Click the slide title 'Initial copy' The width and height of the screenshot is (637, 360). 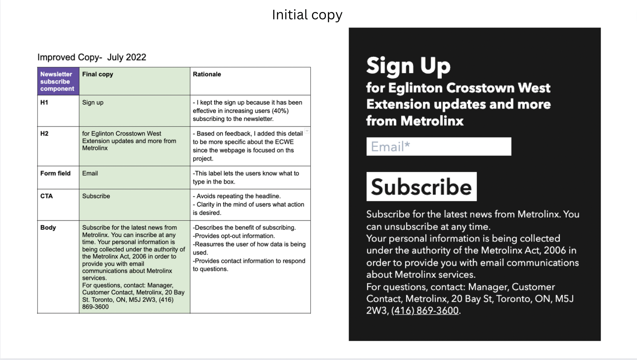pyautogui.click(x=307, y=15)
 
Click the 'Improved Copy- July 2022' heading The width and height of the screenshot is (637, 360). pyautogui.click(x=92, y=57)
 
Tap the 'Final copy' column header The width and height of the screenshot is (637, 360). pyautogui.click(x=98, y=74)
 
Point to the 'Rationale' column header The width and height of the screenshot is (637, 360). pyautogui.click(x=207, y=74)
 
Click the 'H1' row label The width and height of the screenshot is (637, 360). pyautogui.click(x=44, y=102)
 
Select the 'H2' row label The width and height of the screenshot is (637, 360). pyautogui.click(x=44, y=134)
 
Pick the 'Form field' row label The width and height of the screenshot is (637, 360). pyautogui.click(x=55, y=173)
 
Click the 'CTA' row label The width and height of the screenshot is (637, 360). pyautogui.click(x=46, y=196)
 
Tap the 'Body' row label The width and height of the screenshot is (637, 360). pyautogui.click(x=48, y=228)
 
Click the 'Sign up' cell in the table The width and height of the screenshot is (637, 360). pyautogui.click(x=93, y=102)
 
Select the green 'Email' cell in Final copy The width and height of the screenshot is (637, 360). pyautogui.click(x=90, y=173)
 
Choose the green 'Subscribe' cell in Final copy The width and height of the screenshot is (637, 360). pyautogui.click(x=96, y=196)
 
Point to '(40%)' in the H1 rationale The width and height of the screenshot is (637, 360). pyautogui.click(x=280, y=111)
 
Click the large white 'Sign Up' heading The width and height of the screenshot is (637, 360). pyautogui.click(x=408, y=66)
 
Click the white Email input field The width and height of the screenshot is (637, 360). pyautogui.click(x=439, y=146)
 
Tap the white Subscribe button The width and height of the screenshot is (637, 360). pyautogui.click(x=421, y=187)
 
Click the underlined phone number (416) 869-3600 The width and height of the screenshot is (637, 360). pyautogui.click(x=425, y=311)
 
